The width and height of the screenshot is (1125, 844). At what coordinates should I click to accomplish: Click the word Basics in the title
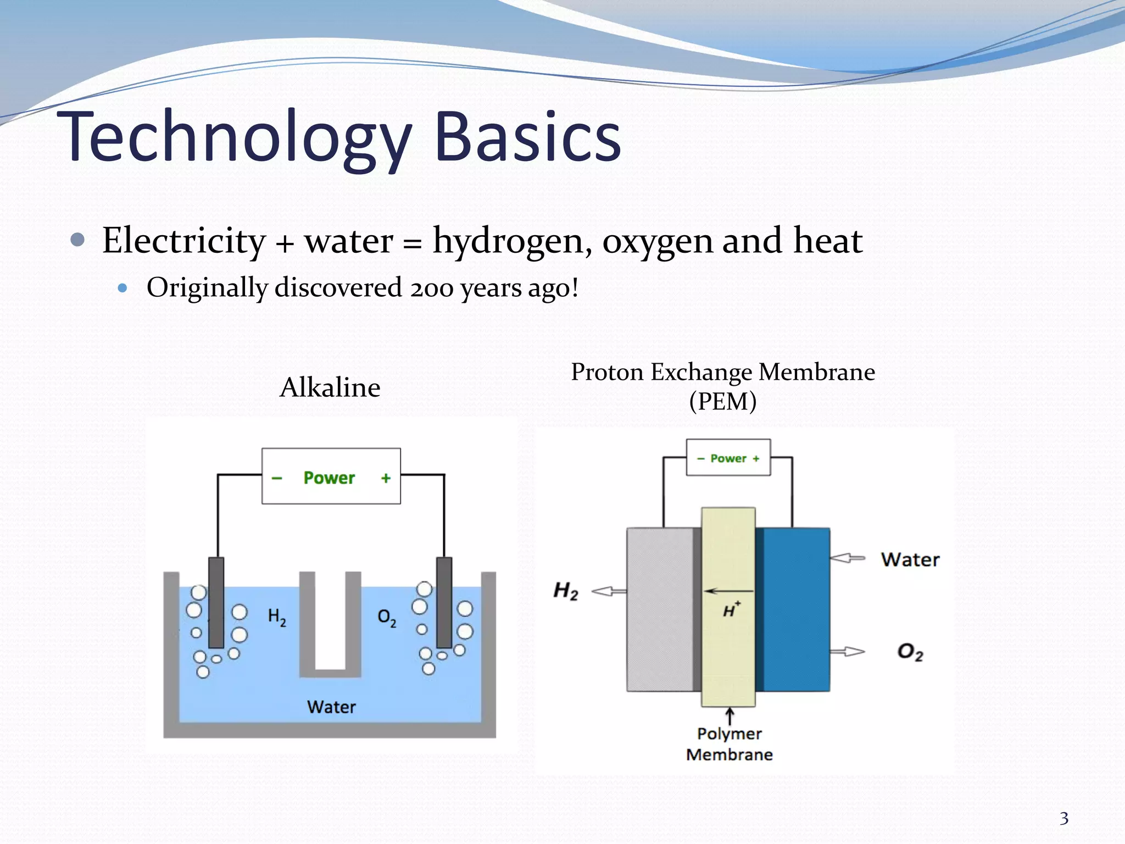click(527, 137)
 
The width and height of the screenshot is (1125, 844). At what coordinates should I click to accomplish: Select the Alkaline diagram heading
click(330, 388)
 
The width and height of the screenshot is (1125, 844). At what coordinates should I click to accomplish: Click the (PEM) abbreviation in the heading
click(722, 402)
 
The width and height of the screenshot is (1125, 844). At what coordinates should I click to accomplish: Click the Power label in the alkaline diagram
click(329, 477)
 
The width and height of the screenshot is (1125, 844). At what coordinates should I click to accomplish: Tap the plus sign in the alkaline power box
click(386, 478)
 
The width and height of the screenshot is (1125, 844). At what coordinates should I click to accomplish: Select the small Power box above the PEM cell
click(728, 458)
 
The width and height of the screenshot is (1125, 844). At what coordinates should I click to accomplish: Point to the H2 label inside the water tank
click(277, 617)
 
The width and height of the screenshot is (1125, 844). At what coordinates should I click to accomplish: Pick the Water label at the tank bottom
click(331, 707)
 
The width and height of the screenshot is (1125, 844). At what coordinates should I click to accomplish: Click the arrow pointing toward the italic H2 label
click(609, 591)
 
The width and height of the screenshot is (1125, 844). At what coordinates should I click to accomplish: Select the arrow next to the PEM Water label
click(847, 558)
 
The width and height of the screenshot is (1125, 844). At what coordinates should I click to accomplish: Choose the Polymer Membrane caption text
click(729, 744)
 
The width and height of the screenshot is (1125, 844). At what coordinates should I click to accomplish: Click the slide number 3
click(1064, 819)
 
